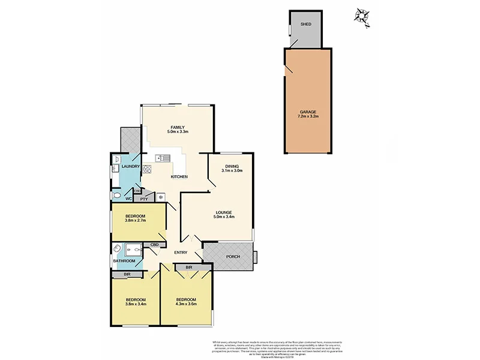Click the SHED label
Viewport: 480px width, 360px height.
305,24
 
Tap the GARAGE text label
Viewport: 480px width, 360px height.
307,112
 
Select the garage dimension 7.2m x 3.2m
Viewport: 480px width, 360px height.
307,117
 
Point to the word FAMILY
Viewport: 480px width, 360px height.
177,127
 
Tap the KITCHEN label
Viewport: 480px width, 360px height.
179,176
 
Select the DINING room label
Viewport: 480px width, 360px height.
232,166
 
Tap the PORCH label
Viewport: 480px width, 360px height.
233,257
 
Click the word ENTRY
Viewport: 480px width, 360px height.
181,253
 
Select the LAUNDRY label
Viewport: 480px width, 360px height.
131,166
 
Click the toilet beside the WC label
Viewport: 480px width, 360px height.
116,196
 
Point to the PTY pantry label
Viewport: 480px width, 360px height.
144,198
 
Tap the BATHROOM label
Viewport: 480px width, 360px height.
125,261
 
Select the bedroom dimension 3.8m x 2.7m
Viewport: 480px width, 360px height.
136,221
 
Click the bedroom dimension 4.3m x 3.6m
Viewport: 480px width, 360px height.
186,304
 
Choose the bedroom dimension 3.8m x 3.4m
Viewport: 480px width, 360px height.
136,304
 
